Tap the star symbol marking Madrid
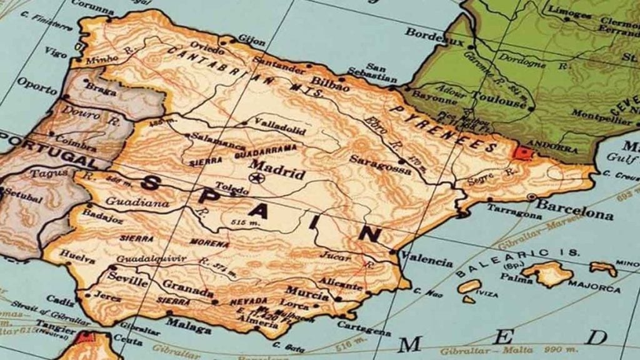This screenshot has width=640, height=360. (x=255, y=178)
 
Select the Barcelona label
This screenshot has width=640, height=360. (x=574, y=210)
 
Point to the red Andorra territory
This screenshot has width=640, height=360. (x=521, y=152)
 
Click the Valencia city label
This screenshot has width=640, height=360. (x=427, y=259)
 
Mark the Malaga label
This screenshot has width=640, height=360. (x=188, y=325)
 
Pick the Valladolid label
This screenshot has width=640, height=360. (x=279, y=129)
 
